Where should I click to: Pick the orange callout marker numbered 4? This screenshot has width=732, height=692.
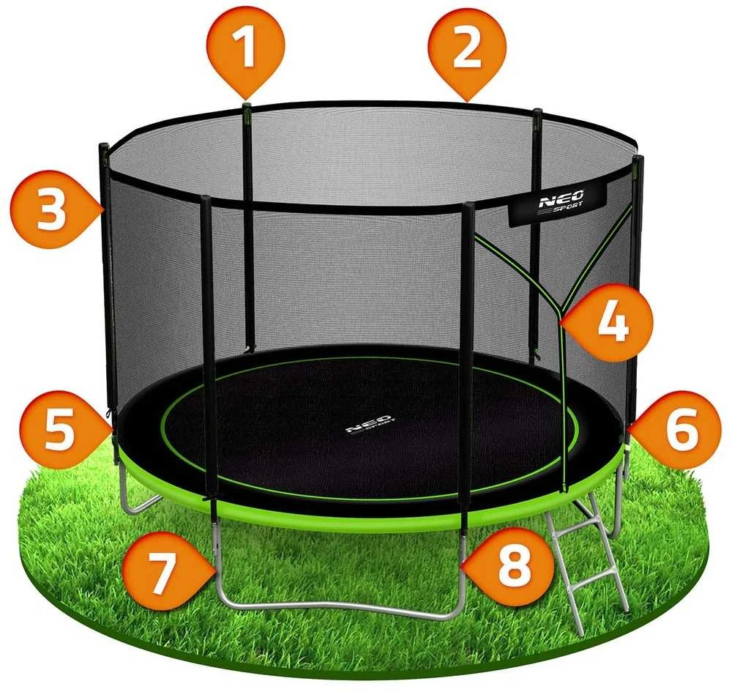pos(608,321)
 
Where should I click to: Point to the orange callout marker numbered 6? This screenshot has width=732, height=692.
pos(673,430)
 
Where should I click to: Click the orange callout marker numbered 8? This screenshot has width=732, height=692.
pos(508,566)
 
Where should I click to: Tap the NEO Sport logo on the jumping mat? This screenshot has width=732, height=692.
pos(370,425)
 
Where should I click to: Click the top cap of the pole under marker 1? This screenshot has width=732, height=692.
pos(247,105)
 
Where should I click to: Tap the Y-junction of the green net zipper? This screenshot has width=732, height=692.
pos(560,312)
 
